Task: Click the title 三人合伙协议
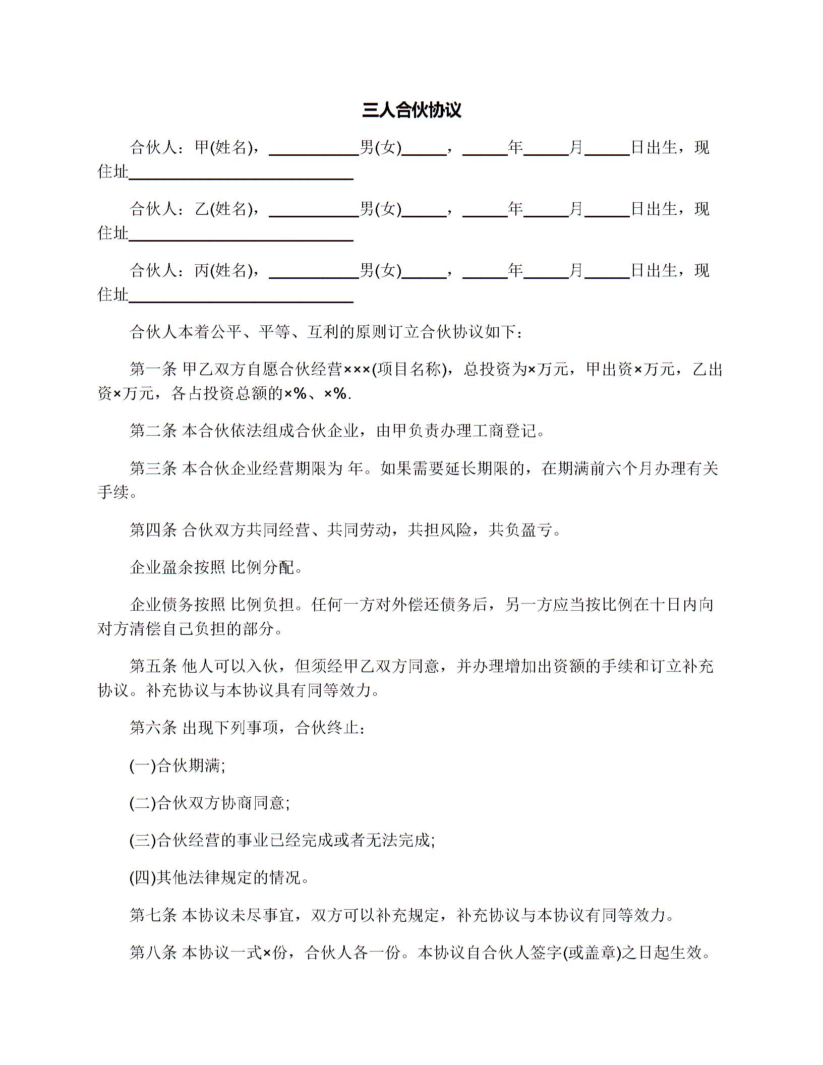pos(411,110)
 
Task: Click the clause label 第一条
pos(153,370)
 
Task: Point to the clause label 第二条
pos(153,431)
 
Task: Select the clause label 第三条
pos(153,468)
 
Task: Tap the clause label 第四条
pos(153,530)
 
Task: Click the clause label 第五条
pos(153,666)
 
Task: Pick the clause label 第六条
pos(153,728)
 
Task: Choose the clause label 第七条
pos(153,915)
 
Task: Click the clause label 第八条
pos(153,953)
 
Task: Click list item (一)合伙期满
pos(177,766)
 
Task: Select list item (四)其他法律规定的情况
pos(219,878)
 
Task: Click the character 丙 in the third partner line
pos(202,271)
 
